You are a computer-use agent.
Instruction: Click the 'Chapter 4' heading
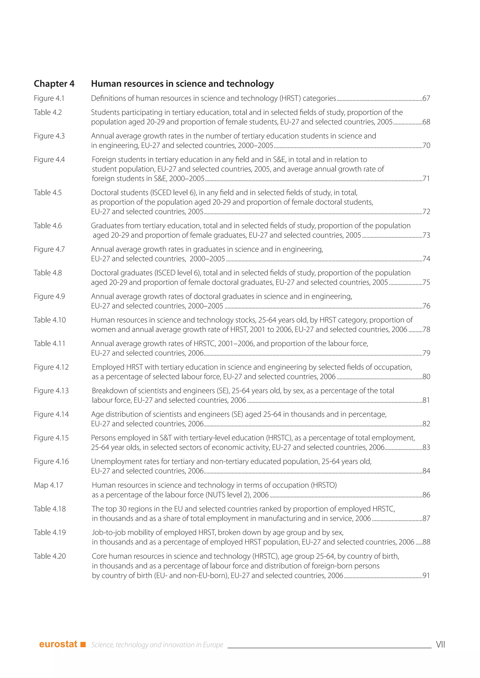[x=54, y=84]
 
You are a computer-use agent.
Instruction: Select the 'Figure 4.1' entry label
[x=49, y=98]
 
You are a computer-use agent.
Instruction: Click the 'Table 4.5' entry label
[x=48, y=193]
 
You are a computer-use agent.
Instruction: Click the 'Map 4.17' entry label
[x=49, y=485]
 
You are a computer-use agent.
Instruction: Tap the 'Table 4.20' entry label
[x=50, y=556]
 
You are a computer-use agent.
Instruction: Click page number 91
[x=426, y=575]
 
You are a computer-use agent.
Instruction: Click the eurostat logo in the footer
[x=58, y=644]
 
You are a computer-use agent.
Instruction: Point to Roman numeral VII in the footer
[x=440, y=644]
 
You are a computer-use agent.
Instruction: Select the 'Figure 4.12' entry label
[x=51, y=367]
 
